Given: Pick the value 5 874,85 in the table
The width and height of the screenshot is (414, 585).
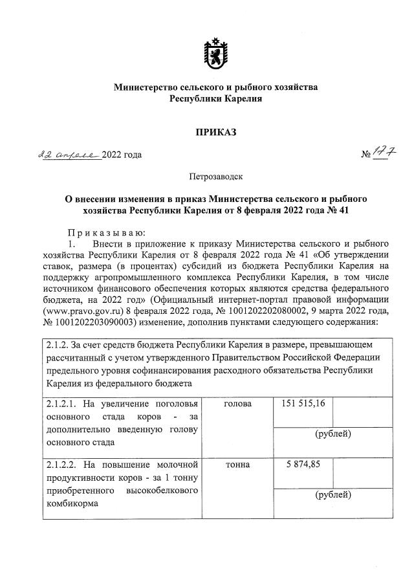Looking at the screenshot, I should (x=301, y=464).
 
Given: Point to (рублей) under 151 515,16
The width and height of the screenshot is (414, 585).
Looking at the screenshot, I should (x=332, y=434).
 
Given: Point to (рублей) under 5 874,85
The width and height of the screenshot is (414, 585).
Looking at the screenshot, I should (x=332, y=495).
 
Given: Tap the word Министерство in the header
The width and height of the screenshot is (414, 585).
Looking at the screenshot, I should (x=146, y=87).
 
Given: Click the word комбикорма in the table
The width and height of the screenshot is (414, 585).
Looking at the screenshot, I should (x=72, y=507).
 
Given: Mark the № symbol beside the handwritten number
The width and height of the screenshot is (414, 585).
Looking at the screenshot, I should (x=365, y=155).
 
